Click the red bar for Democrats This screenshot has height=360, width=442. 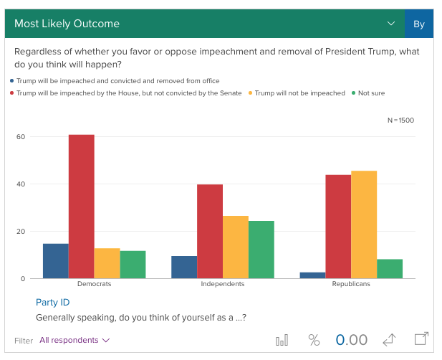[82, 207]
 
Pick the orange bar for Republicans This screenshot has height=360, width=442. [364, 224]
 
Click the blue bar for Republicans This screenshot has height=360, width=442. [313, 275]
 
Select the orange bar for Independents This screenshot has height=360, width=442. [236, 247]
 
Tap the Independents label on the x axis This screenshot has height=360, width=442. [223, 284]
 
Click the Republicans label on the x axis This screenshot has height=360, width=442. [351, 284]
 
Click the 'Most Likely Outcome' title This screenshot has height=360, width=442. [67, 24]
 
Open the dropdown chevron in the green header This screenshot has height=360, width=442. [391, 24]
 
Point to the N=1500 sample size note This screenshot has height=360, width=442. [400, 120]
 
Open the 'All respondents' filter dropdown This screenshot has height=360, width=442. [75, 340]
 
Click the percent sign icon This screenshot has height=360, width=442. [314, 340]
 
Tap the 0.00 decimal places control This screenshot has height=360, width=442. [352, 340]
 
